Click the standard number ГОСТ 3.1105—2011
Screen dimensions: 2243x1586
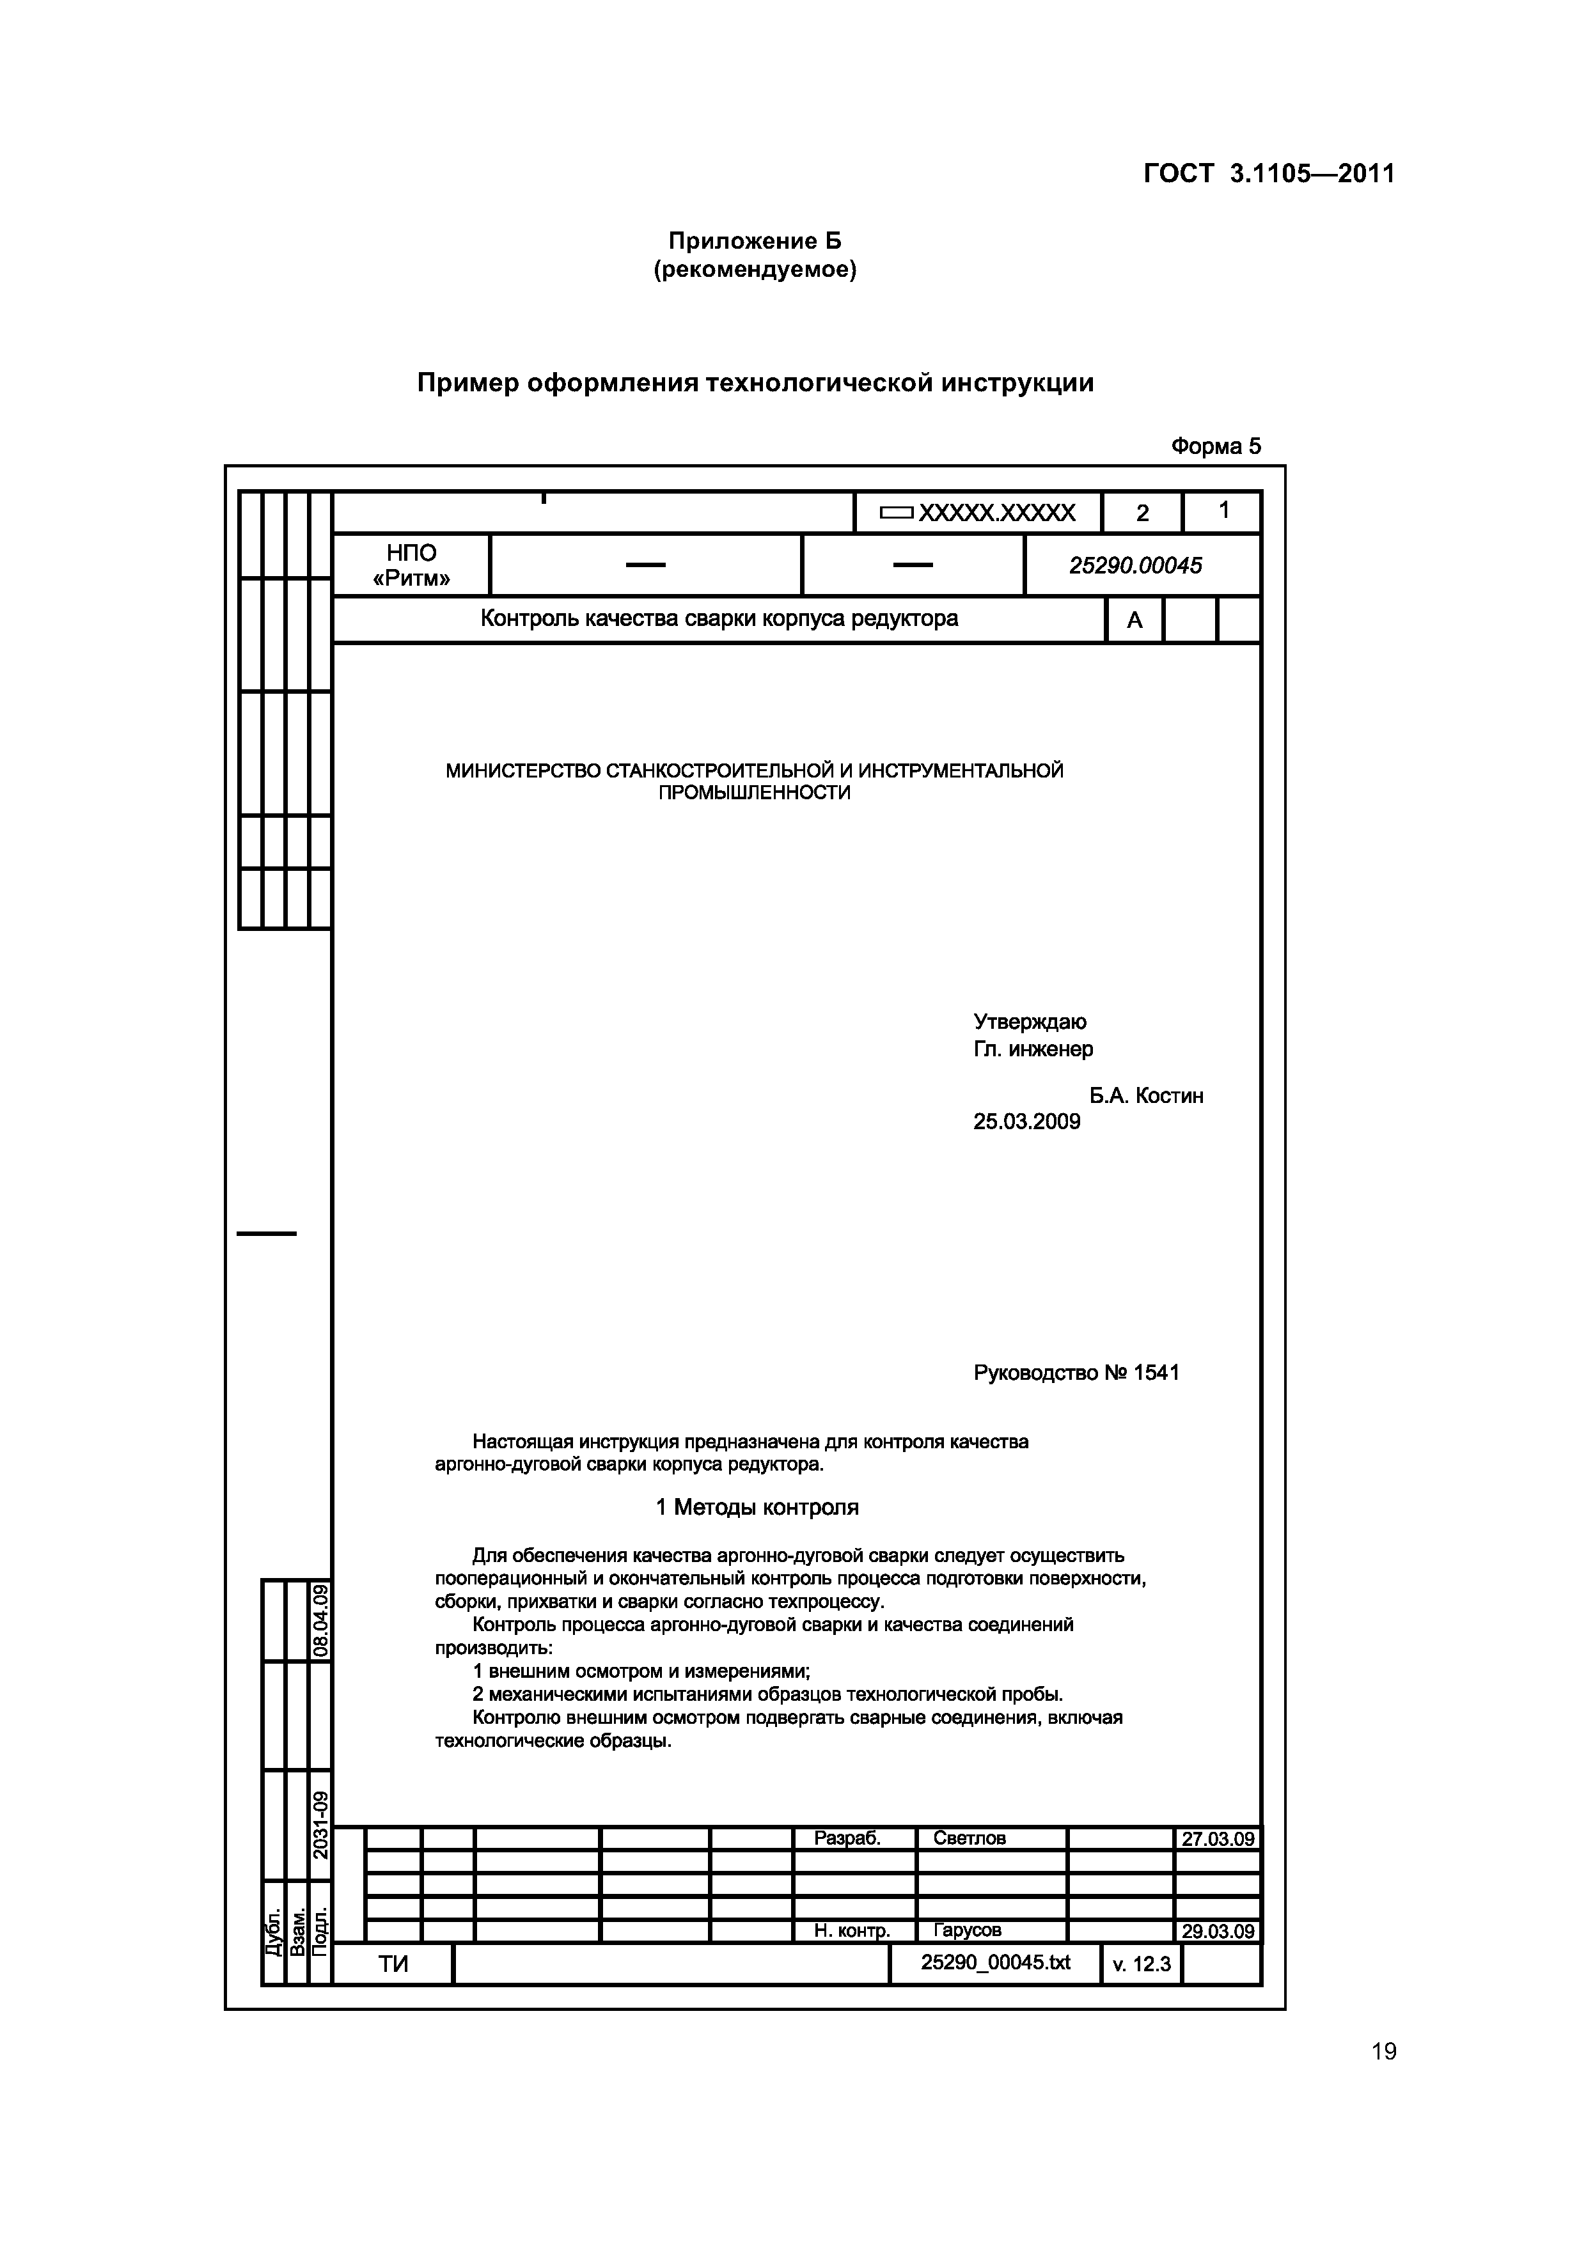[x=1268, y=174]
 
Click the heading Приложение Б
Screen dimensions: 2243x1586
[x=755, y=240]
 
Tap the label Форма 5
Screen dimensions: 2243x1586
[x=1216, y=446]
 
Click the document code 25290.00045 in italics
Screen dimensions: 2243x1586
[x=1136, y=566]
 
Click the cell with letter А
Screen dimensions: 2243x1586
[x=1135, y=620]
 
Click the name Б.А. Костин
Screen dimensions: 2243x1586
[x=1146, y=1096]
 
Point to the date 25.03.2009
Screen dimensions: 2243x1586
[x=1026, y=1121]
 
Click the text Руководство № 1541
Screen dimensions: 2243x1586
[x=1076, y=1373]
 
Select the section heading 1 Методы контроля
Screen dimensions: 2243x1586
[x=757, y=1508]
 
